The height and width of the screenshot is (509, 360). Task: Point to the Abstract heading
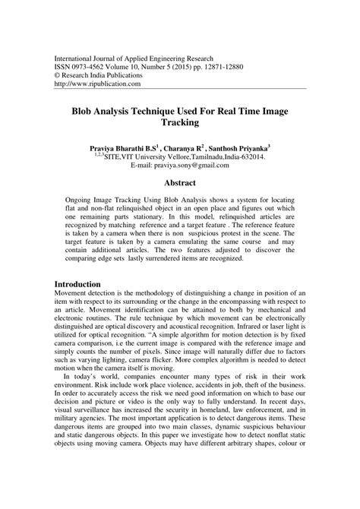click(179, 183)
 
